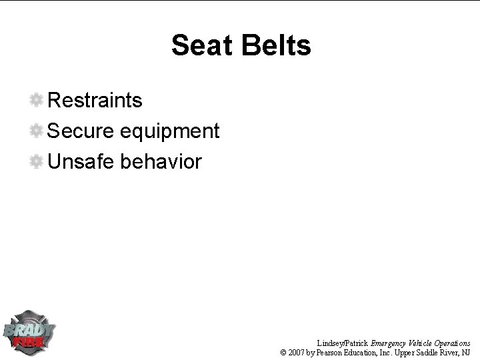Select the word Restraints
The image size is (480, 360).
click(x=95, y=101)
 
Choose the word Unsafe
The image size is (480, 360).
click(x=82, y=162)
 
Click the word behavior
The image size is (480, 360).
click(x=161, y=162)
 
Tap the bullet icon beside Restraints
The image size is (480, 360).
click(x=37, y=101)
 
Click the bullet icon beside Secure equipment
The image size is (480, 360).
click(x=37, y=131)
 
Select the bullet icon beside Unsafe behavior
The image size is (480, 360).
click(x=37, y=162)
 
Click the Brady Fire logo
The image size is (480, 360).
click(x=29, y=333)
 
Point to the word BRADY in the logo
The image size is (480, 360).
click(x=29, y=329)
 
